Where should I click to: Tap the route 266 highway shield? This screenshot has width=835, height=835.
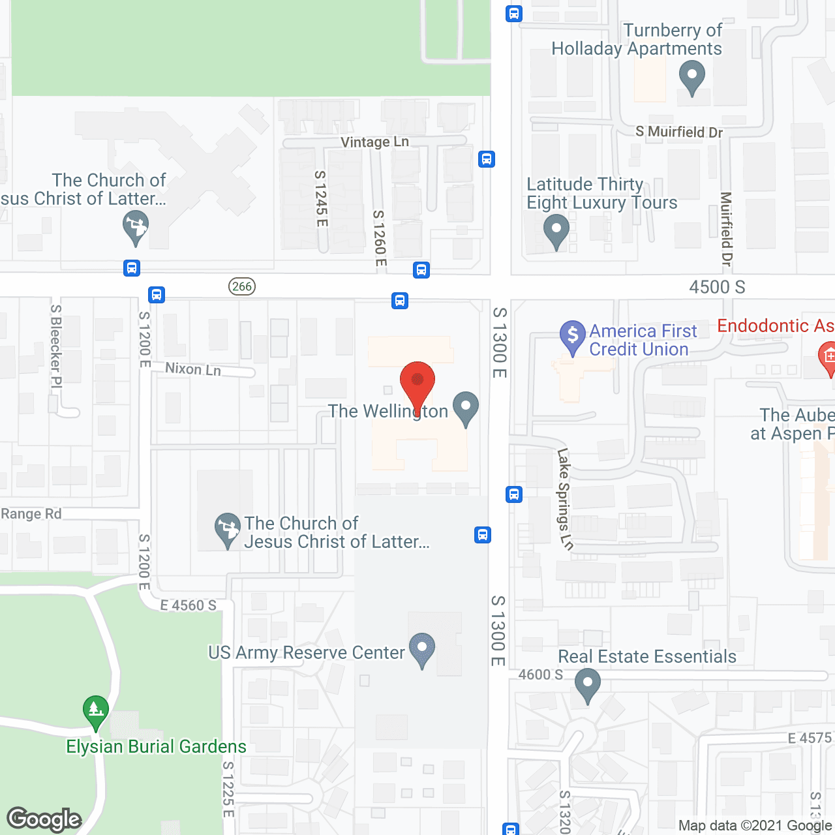point(242,286)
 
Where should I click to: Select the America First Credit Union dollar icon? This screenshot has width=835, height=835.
point(573,336)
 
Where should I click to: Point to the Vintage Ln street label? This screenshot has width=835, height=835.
point(374,142)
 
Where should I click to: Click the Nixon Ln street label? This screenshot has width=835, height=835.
point(193,369)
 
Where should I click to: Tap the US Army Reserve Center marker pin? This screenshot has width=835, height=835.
point(421,649)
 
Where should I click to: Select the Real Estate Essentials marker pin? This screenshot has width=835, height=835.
point(588,684)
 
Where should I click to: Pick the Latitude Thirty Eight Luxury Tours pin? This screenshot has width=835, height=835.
point(556,231)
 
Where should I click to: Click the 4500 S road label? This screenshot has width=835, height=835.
point(717,287)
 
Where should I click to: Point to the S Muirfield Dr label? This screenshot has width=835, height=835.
point(679,132)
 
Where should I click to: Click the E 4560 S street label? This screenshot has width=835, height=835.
point(189,605)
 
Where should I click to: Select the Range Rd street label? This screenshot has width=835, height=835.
point(31,514)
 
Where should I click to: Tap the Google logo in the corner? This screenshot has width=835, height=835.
point(44,819)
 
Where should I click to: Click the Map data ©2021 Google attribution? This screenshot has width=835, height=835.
point(755,826)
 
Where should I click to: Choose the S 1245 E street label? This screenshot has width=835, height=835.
point(320,198)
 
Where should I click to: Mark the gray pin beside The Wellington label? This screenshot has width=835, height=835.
point(466,408)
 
